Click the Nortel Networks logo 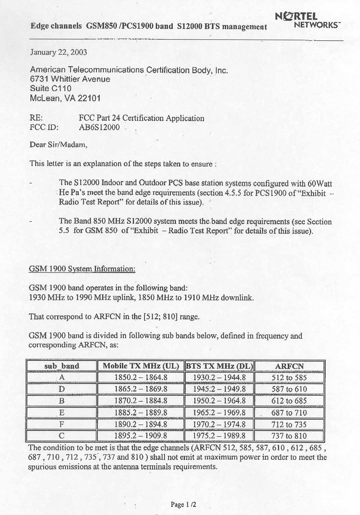(x=306, y=20)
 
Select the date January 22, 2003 (x=58, y=52)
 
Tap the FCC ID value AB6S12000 (x=99, y=127)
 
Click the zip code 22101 (x=89, y=98)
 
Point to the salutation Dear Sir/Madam (x=58, y=145)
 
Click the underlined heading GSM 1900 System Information (x=82, y=269)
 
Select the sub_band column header (x=62, y=366)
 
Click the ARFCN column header (x=289, y=366)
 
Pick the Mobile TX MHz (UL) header (x=141, y=366)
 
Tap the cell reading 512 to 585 (x=289, y=378)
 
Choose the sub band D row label (x=62, y=389)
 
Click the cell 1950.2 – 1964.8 (x=219, y=401)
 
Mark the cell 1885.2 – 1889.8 (x=141, y=412)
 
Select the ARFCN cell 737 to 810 (x=289, y=436)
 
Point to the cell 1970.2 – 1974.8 (x=219, y=424)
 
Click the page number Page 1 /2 (x=183, y=505)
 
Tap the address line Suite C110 (x=51, y=89)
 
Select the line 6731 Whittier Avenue (x=70, y=79)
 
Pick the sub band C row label (x=62, y=436)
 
